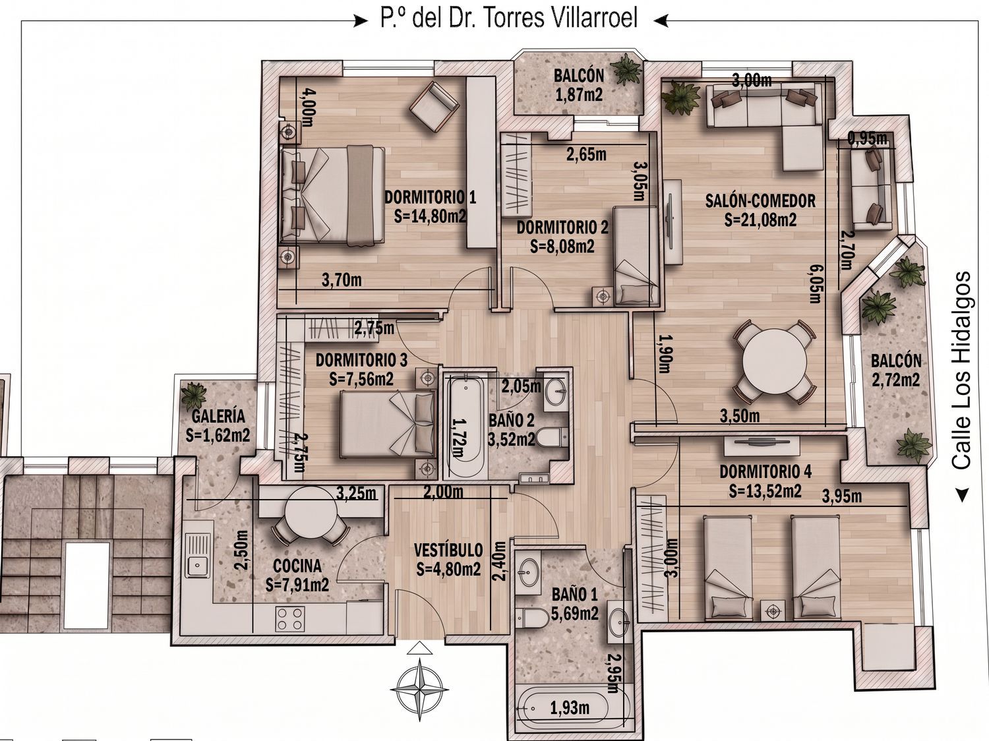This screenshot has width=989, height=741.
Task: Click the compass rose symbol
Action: tap(419, 689)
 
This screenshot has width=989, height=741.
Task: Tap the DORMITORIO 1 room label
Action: tap(430, 197)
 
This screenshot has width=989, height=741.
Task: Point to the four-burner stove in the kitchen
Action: tap(290, 618)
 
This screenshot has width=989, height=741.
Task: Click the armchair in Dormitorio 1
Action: tap(434, 106)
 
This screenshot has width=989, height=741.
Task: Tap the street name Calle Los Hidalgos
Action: tap(961, 370)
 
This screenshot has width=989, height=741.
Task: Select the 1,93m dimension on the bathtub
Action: tap(570, 708)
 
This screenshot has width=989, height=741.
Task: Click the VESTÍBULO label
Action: tap(448, 550)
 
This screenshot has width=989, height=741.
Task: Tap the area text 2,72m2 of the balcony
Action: tap(896, 380)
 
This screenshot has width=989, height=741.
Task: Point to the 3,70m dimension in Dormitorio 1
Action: tap(342, 280)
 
